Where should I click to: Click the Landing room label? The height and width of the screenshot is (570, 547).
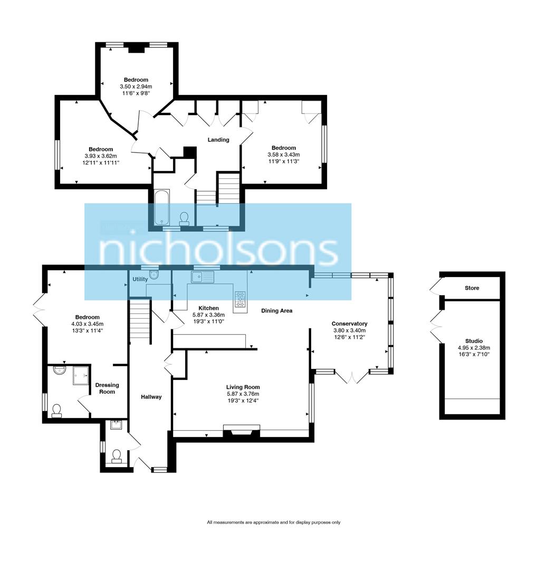point(218,140)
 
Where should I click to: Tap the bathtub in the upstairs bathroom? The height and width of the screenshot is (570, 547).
point(161,207)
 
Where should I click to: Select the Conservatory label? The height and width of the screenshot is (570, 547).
point(349,324)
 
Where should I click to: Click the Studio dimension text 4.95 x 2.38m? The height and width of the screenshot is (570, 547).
point(474,348)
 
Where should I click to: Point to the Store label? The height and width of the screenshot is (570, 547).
point(472,288)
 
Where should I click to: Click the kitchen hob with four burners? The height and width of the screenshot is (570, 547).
point(240,299)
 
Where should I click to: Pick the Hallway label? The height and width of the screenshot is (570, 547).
point(151,397)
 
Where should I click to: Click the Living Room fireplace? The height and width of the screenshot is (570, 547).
point(242,431)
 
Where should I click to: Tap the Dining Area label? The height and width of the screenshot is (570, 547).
point(276,311)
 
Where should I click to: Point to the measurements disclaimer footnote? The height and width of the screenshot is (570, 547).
point(273,522)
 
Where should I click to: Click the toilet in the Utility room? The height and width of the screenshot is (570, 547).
point(154,274)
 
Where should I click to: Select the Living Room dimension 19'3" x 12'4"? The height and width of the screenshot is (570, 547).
point(243,401)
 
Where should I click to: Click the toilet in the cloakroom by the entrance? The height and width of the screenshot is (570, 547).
point(117,455)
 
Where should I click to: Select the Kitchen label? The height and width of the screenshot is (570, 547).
point(208,308)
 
